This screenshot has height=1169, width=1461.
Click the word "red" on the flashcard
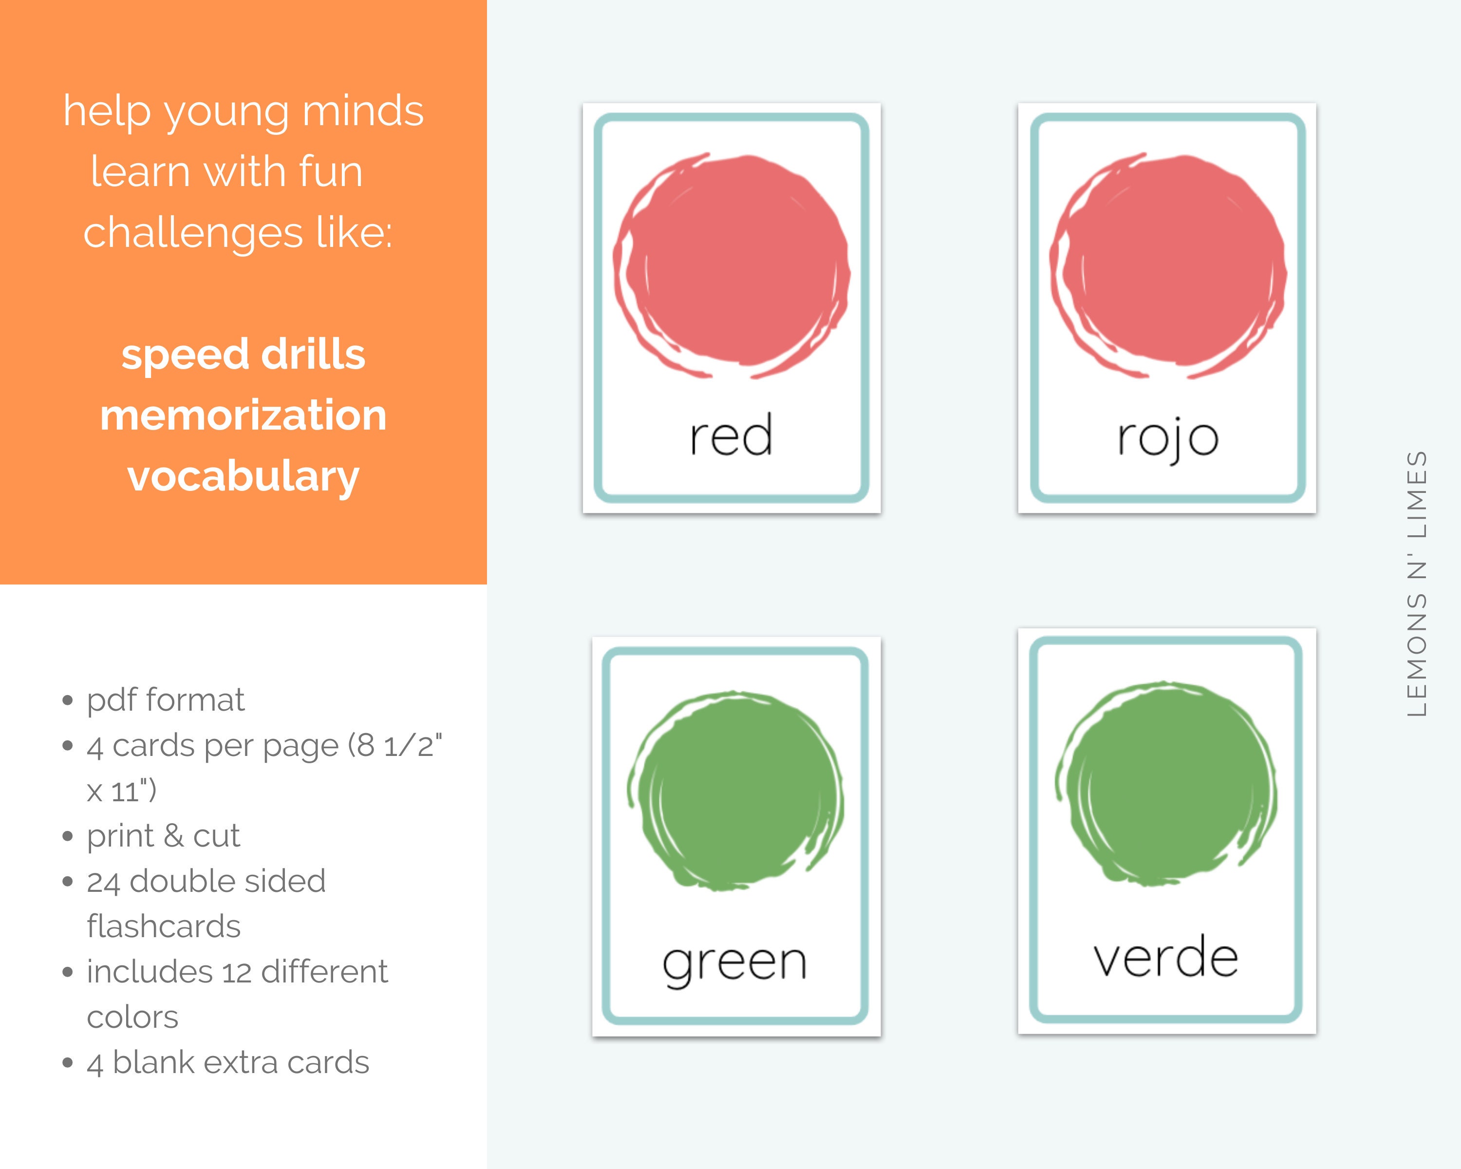tap(730, 436)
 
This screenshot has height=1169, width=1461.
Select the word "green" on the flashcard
tap(734, 963)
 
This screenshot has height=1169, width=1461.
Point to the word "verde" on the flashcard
tap(1165, 957)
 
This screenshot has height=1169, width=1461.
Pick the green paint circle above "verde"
tap(1165, 783)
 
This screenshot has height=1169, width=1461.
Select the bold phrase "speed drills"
tap(243, 355)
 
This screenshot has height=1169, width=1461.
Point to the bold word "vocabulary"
tap(243, 476)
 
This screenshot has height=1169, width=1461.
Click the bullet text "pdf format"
tap(166, 699)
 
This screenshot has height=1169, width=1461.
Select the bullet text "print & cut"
tap(163, 835)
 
